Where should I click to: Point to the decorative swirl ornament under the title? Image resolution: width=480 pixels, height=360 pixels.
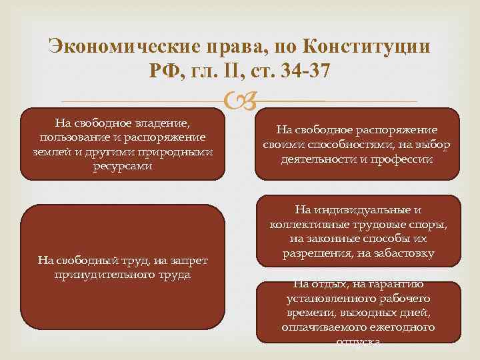239,101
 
